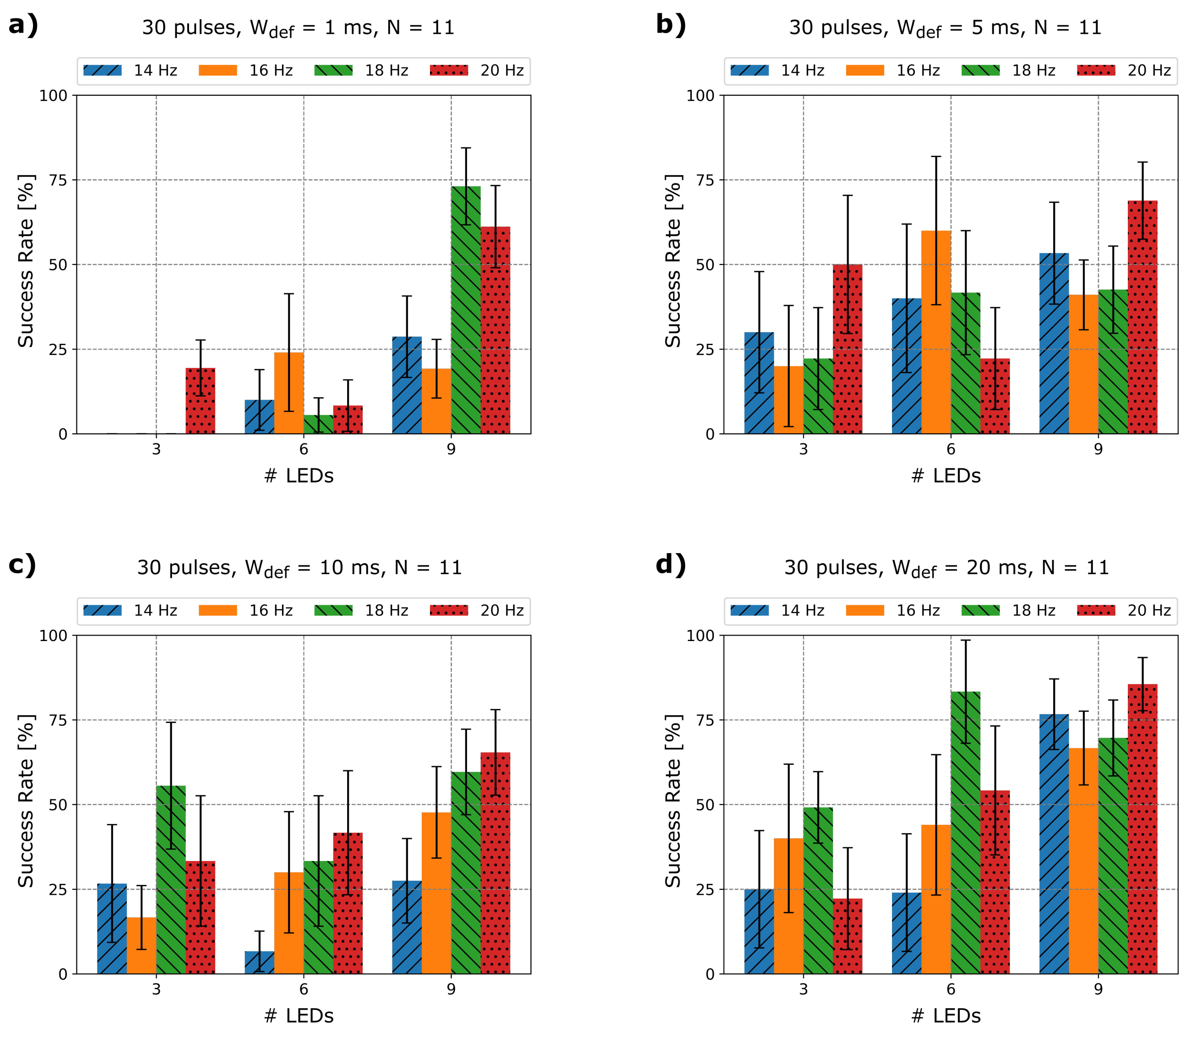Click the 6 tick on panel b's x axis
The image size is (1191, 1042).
[x=951, y=449]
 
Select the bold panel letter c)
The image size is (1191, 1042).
[x=22, y=565]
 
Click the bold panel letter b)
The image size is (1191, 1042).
[x=670, y=25]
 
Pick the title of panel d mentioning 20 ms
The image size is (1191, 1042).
[x=946, y=568]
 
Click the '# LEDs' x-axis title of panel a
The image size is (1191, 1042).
[x=299, y=476]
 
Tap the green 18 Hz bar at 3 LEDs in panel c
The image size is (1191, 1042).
[x=171, y=880]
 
